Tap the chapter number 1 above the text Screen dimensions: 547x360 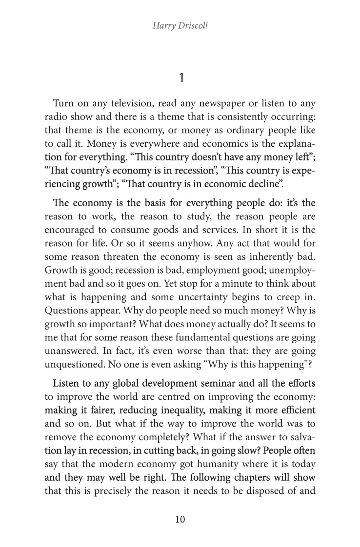coord(180,78)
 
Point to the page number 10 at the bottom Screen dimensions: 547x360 coord(180,519)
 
